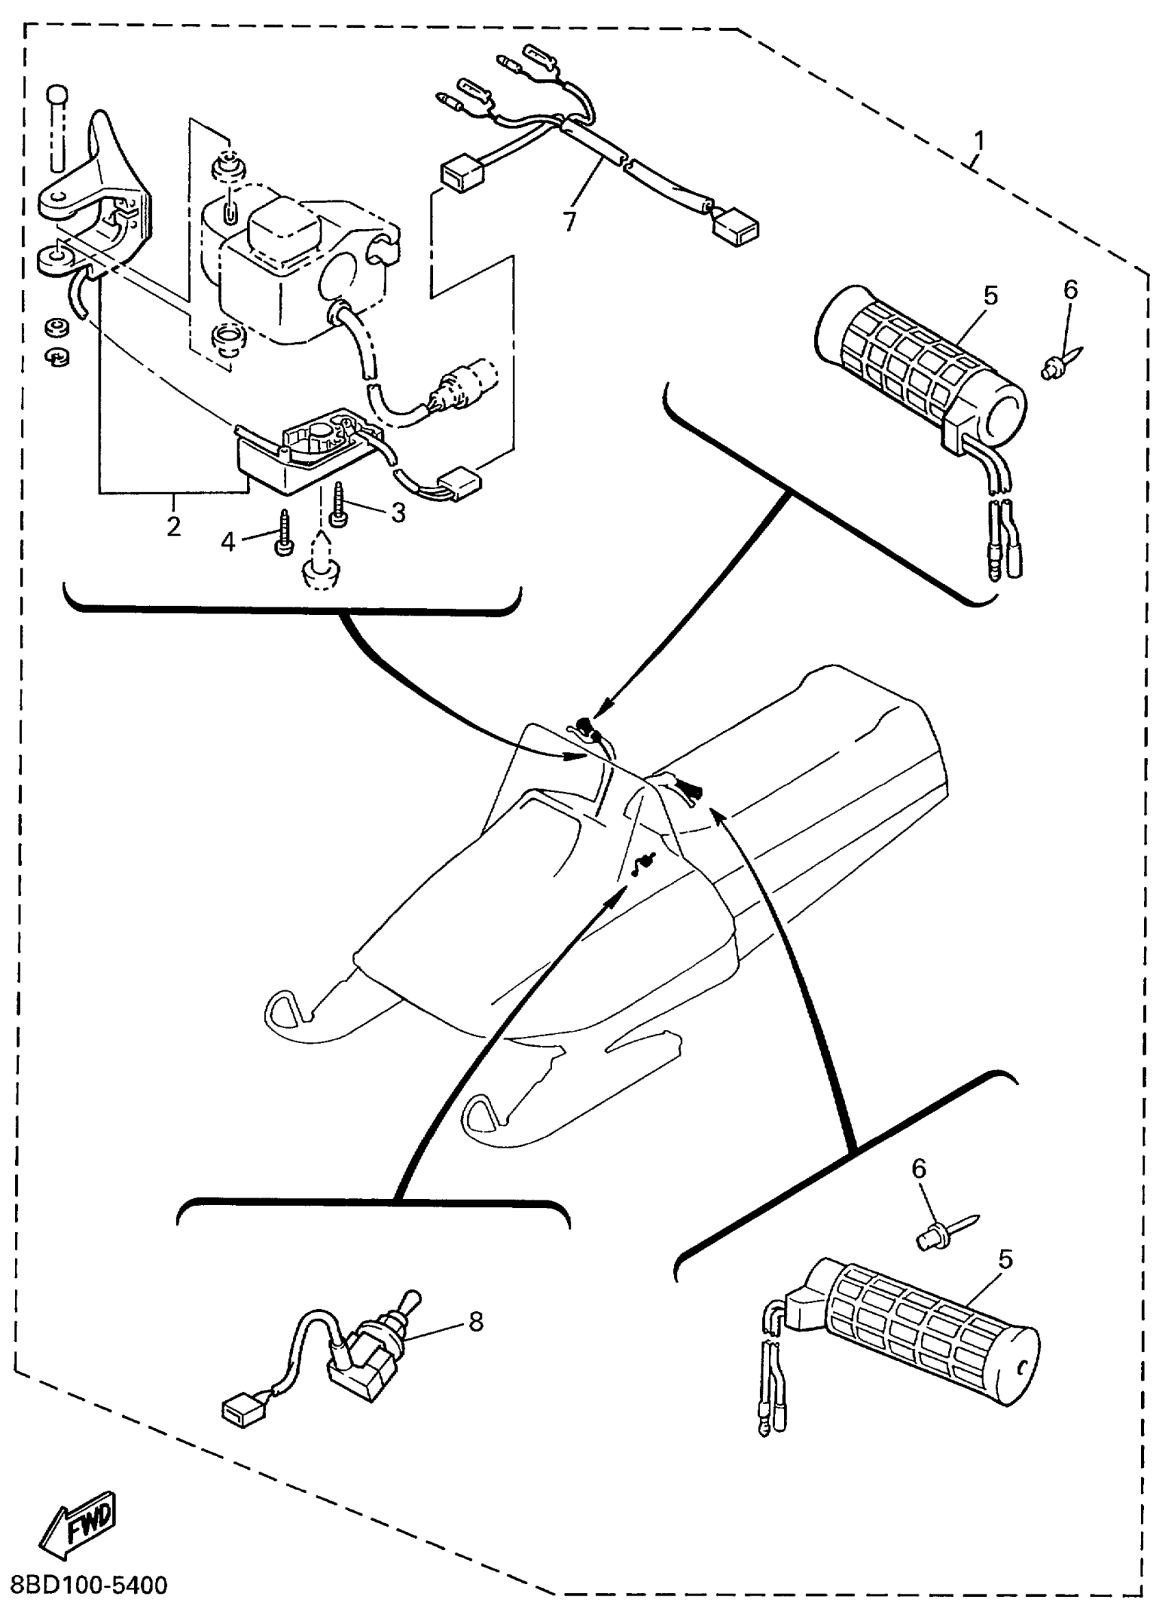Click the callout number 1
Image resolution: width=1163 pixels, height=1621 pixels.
click(x=978, y=141)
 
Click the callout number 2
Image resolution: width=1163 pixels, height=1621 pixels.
click(x=173, y=527)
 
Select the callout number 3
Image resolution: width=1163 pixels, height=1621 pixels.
click(x=397, y=512)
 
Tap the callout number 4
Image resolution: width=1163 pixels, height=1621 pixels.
click(x=227, y=542)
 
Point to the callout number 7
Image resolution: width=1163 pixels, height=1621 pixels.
click(x=569, y=222)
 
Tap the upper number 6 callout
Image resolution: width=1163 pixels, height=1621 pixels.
click(x=1070, y=289)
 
